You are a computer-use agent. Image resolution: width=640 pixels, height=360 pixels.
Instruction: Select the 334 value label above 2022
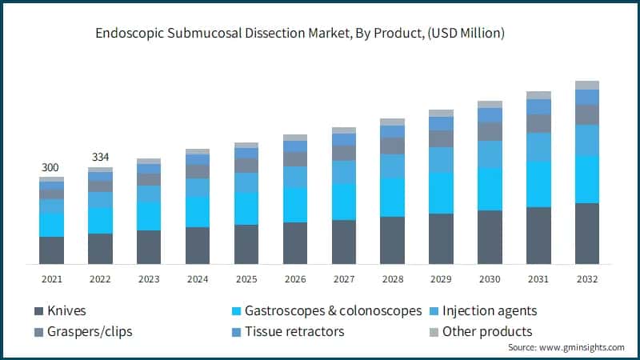pyautogui.click(x=100, y=157)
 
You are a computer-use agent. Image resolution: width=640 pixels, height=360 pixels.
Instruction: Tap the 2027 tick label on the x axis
pyautogui.click(x=343, y=279)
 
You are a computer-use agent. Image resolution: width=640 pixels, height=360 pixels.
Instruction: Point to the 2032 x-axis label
pyautogui.click(x=586, y=279)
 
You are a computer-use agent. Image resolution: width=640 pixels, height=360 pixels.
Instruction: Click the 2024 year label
pyautogui.click(x=198, y=279)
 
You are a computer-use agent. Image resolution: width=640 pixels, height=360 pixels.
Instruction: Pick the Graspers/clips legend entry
pyautogui.click(x=89, y=331)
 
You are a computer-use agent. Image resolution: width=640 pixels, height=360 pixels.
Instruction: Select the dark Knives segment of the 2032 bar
pyautogui.click(x=586, y=234)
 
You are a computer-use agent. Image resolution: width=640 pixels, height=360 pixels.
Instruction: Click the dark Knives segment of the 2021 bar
pyautogui.click(x=51, y=250)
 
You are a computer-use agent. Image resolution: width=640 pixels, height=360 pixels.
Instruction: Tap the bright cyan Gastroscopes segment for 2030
pyautogui.click(x=490, y=189)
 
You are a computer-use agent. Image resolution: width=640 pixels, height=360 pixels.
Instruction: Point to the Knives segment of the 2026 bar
pyautogui.click(x=294, y=243)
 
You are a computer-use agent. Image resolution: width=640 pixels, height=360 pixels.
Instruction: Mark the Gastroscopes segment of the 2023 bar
pyautogui.click(x=149, y=216)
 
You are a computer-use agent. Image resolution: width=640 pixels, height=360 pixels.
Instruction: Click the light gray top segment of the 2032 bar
pyautogui.click(x=586, y=85)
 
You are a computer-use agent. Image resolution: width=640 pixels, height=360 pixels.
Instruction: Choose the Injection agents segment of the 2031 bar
pyautogui.click(x=538, y=146)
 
